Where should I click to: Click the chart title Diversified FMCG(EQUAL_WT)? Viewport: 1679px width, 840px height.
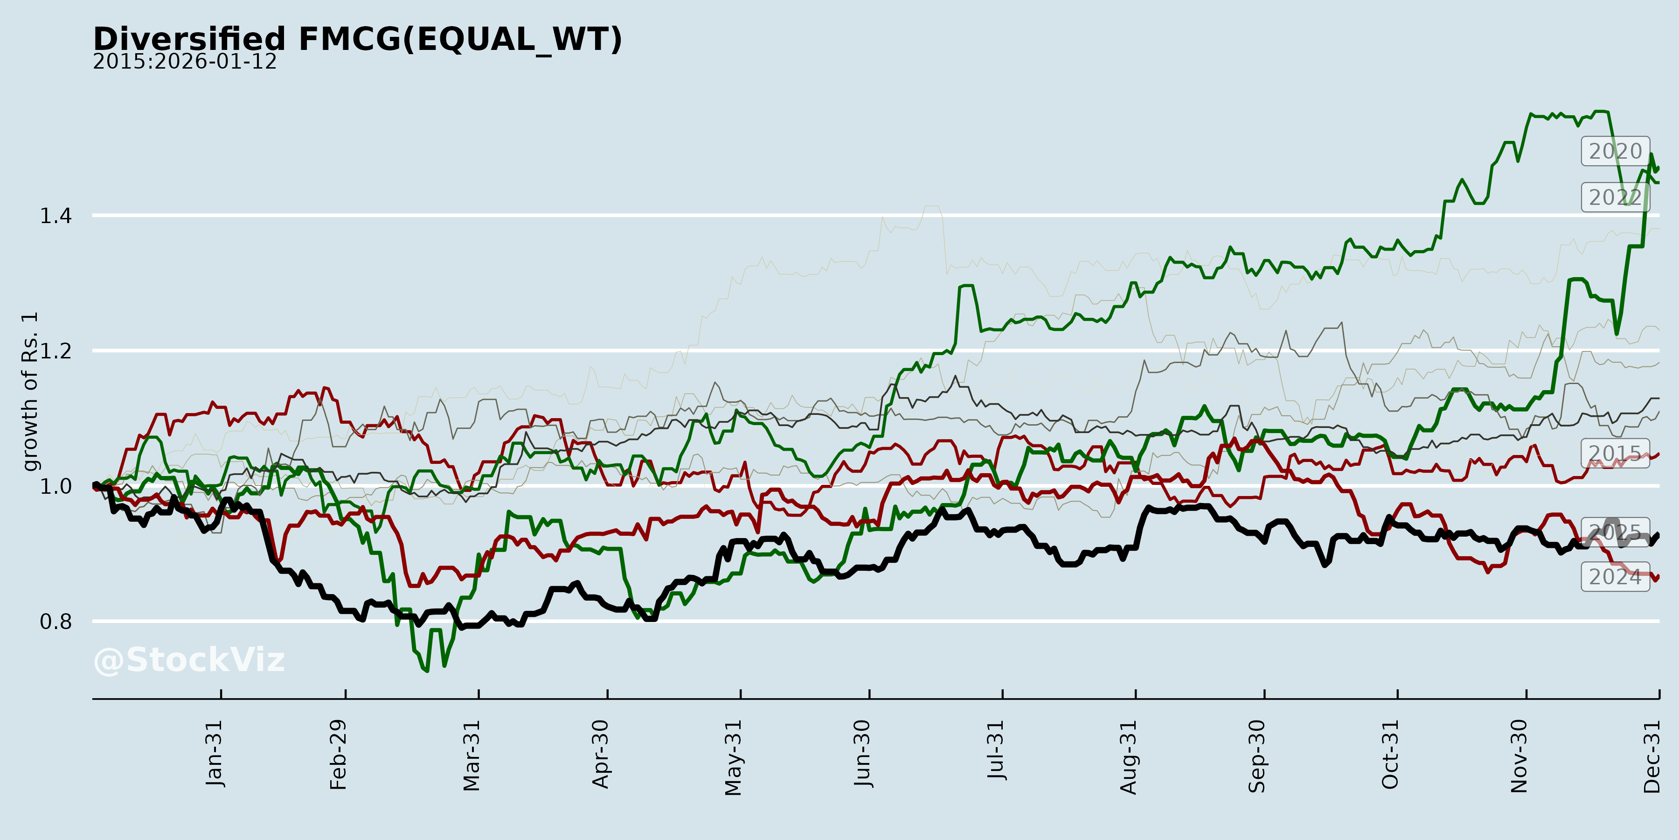pos(358,39)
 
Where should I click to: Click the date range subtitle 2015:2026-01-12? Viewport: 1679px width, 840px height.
pos(184,62)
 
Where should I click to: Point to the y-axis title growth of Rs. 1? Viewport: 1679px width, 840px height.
pos(30,392)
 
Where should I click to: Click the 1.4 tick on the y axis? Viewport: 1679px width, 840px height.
pos(56,216)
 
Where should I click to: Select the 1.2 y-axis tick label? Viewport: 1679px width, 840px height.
pos(56,351)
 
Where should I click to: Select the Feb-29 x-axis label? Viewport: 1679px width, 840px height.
pos(338,755)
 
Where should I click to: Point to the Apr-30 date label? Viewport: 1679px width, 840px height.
pos(600,754)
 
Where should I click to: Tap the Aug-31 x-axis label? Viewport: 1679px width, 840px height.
pos(1128,756)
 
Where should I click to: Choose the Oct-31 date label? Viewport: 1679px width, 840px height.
pos(1390,754)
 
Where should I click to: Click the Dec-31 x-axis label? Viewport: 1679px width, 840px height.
pos(1651,756)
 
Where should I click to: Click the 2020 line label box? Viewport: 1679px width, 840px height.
pos(1615,151)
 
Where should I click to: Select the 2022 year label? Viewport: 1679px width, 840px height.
pos(1615,197)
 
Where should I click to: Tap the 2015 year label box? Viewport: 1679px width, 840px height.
pos(1615,453)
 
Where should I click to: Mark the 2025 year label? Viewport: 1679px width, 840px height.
pos(1615,532)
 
